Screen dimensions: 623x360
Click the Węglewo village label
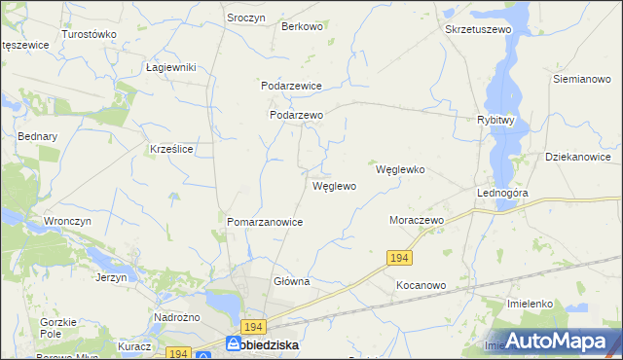(x=334, y=185)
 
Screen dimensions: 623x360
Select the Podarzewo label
(x=296, y=114)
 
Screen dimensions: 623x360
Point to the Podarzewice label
(x=291, y=86)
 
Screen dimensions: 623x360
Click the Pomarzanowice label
(x=265, y=222)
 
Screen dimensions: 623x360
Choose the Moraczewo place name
(x=417, y=221)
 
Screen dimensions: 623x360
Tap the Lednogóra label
(x=502, y=193)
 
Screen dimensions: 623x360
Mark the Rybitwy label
(x=495, y=120)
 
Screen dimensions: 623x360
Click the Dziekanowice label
(x=578, y=157)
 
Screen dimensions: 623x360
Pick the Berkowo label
(x=302, y=26)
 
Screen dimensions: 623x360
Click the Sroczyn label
(x=247, y=18)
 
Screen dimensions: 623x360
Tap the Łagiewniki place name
(x=171, y=67)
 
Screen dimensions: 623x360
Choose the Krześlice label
(x=170, y=149)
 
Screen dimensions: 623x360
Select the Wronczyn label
(x=67, y=221)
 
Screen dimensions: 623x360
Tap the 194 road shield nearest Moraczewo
(x=398, y=257)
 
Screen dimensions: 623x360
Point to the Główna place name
(x=291, y=281)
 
